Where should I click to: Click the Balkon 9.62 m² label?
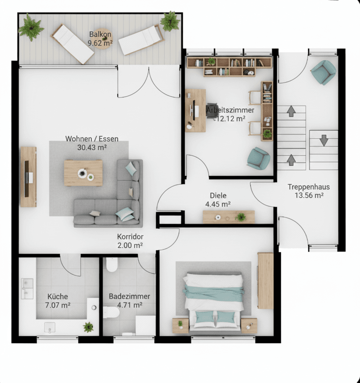(x=100, y=38)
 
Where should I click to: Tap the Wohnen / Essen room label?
(x=92, y=143)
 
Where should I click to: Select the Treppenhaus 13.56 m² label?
(x=309, y=191)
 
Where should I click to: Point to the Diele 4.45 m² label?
(x=218, y=200)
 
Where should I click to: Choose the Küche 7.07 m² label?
(x=58, y=301)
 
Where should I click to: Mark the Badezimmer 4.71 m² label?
(x=129, y=301)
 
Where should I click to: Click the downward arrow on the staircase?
(x=324, y=140)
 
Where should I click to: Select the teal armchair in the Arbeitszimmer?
(x=258, y=158)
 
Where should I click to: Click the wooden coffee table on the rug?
(x=83, y=173)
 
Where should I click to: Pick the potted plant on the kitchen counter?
(x=88, y=327)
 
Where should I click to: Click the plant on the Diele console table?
(x=240, y=217)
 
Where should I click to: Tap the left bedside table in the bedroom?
(x=180, y=325)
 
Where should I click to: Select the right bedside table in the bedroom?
(x=249, y=325)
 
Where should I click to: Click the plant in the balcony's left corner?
(x=31, y=28)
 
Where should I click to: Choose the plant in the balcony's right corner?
(x=170, y=21)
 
